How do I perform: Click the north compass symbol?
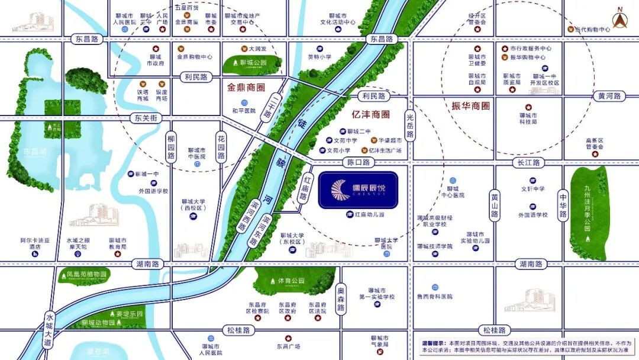click(x=620, y=18)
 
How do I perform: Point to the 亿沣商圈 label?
click(x=370, y=114)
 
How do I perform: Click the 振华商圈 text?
click(x=470, y=106)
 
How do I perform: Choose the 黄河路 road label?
click(x=609, y=96)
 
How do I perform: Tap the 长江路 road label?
click(x=528, y=162)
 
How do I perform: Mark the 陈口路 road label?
click(x=358, y=162)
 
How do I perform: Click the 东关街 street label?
click(x=145, y=118)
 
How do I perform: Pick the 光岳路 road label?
click(x=411, y=127)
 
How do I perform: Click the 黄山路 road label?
click(x=495, y=205)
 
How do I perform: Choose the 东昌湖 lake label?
click(x=35, y=150)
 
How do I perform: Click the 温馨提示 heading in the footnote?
click(x=433, y=343)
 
